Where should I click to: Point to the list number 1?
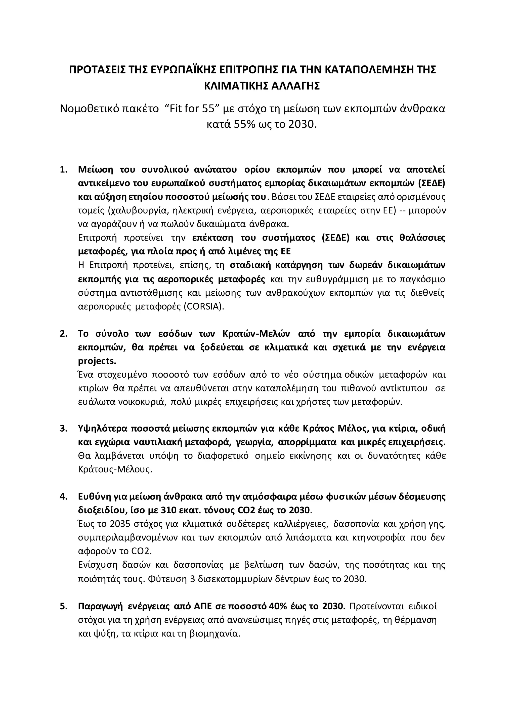coord(63,170)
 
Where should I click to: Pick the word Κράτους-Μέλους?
coord(115,470)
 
